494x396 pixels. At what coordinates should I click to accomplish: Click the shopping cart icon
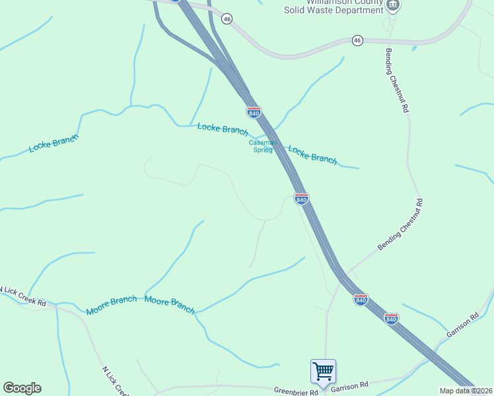tap(323, 371)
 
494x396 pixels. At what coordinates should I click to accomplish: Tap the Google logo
tap(22, 388)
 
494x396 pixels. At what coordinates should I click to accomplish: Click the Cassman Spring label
tap(260, 146)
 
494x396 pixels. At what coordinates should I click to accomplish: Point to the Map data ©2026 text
tap(466, 391)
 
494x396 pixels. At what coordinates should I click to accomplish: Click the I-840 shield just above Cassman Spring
tap(254, 112)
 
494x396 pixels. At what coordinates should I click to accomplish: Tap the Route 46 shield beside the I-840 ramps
tap(227, 19)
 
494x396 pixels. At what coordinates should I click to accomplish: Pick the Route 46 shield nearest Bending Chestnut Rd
tap(357, 40)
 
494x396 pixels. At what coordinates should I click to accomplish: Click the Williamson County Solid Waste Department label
tap(334, 7)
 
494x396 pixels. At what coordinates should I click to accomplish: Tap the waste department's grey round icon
tap(393, 5)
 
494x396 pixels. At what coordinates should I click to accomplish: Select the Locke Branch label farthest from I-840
tap(53, 143)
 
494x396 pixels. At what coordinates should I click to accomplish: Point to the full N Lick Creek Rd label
tap(23, 297)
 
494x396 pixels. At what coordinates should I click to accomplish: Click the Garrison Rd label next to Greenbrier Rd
tap(349, 385)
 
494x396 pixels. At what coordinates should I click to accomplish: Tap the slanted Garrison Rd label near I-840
tap(462, 325)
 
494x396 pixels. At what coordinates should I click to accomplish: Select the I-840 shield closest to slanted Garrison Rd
tap(392, 319)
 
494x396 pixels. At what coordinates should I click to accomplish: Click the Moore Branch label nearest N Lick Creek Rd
tap(111, 305)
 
